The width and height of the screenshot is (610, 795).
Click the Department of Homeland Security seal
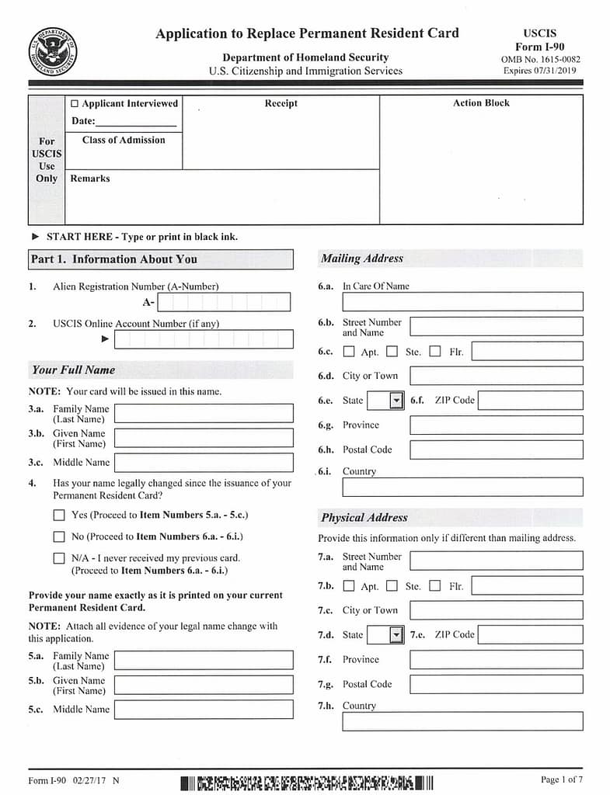tap(53, 51)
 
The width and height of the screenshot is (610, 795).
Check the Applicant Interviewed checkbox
tap(75, 103)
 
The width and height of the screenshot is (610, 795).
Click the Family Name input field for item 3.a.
tap(204, 413)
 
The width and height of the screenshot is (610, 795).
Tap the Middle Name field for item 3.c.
tap(204, 463)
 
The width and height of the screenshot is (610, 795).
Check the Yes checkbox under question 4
tap(59, 515)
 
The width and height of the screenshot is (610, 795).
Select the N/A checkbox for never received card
tap(59, 558)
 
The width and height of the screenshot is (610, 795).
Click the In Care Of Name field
tap(462, 301)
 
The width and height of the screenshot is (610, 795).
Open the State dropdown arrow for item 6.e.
tap(396, 401)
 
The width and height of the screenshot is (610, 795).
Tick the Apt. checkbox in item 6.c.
tap(349, 352)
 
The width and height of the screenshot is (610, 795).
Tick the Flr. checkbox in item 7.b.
tap(435, 586)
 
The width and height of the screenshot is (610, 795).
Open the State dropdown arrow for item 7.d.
tap(396, 635)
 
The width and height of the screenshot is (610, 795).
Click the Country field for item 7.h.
tap(462, 721)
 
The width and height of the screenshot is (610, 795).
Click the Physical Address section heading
tap(364, 518)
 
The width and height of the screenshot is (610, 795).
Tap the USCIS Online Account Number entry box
tap(204, 339)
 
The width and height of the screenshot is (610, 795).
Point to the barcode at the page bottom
tap(307, 783)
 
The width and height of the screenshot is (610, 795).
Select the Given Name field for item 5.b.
tap(204, 685)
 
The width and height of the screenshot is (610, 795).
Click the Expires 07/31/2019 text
tap(540, 71)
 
